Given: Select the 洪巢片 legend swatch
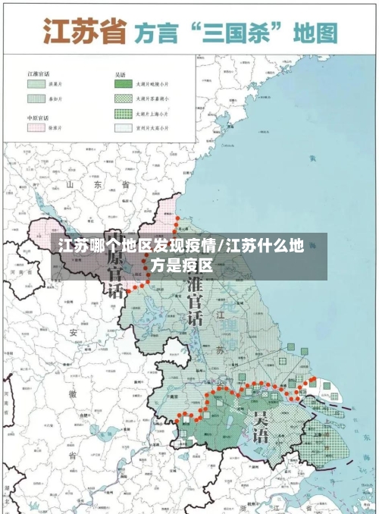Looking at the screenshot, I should pos(36,86).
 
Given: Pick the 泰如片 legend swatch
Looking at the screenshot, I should pos(36,98).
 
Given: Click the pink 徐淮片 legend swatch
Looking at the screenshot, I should pos(36,127).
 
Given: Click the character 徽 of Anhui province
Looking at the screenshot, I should pos(73,394).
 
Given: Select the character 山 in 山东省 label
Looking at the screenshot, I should pos(70,184).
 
